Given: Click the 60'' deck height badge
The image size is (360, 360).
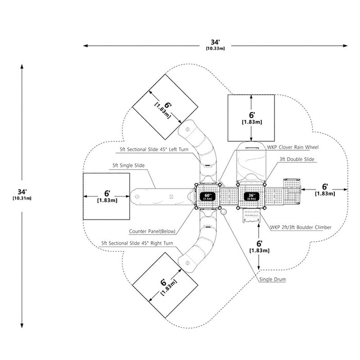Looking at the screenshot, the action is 207,196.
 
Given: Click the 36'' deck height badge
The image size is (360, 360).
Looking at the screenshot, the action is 251,196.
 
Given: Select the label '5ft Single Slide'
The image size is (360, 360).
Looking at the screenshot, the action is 129,165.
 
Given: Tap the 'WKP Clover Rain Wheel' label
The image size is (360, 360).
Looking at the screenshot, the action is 293,147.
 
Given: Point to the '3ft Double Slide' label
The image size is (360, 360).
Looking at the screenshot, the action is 297,159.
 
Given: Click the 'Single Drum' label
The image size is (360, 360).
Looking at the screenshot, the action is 273,279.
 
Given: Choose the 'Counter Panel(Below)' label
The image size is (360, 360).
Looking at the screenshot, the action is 152,231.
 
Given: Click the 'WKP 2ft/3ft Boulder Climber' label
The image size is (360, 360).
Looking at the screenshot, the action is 300,227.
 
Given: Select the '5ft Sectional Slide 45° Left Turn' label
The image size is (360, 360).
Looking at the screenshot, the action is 154,149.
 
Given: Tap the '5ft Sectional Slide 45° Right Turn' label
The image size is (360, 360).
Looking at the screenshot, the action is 137,243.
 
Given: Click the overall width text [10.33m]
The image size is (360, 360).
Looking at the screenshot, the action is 215,48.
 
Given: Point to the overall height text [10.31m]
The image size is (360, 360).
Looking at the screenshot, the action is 22,198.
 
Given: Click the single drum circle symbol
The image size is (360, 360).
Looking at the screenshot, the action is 223,212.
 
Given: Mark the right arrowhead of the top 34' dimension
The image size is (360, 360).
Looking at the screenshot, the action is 345,46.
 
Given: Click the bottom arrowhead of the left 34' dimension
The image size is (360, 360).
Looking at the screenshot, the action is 22,326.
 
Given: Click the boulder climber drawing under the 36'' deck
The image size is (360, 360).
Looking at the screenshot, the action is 251,216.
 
